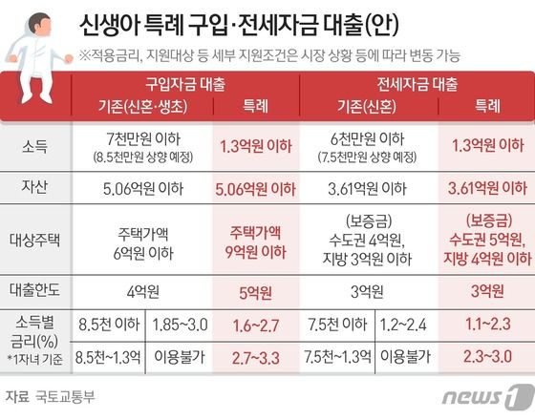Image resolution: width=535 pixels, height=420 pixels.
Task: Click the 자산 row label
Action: tap(33, 187)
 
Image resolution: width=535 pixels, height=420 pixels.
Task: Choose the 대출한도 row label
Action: tap(33, 289)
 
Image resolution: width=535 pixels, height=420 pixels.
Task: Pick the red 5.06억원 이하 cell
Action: tap(256, 187)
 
